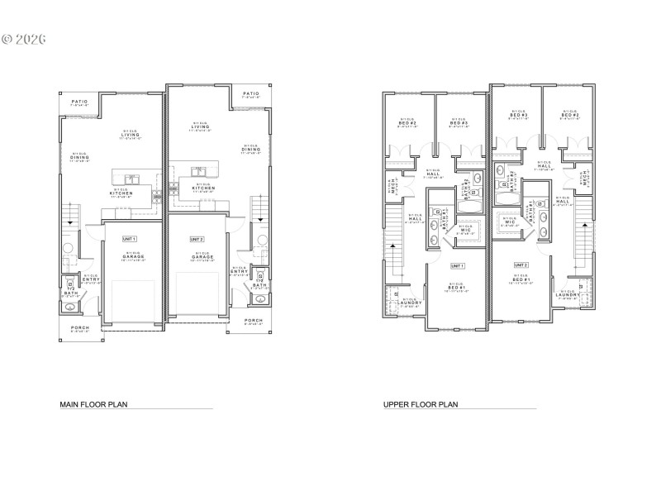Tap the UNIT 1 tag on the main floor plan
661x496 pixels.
(129, 238)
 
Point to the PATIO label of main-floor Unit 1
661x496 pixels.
(79, 102)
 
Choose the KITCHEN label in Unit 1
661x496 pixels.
(126, 193)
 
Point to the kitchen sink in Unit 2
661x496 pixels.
(198, 172)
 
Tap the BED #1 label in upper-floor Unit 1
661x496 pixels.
(456, 286)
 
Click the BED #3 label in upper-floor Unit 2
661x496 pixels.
(519, 114)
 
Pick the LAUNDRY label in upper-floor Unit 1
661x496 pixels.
(410, 303)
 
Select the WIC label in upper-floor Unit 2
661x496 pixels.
(507, 222)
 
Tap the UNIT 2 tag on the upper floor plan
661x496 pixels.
(521, 265)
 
